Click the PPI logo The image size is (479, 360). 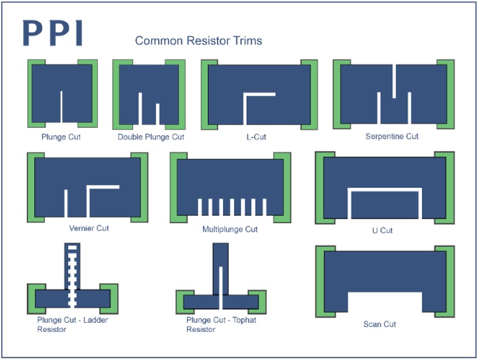tap(52, 33)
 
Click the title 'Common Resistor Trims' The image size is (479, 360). tap(198, 41)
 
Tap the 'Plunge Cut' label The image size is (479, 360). tap(61, 137)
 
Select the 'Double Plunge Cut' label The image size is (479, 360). tap(151, 137)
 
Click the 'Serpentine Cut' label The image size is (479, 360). tap(391, 136)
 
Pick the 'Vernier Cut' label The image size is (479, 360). tap(89, 229)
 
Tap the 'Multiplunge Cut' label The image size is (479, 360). tap(230, 229)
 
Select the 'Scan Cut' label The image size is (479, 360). tap(379, 324)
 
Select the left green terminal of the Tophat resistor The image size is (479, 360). tap(180, 300)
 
